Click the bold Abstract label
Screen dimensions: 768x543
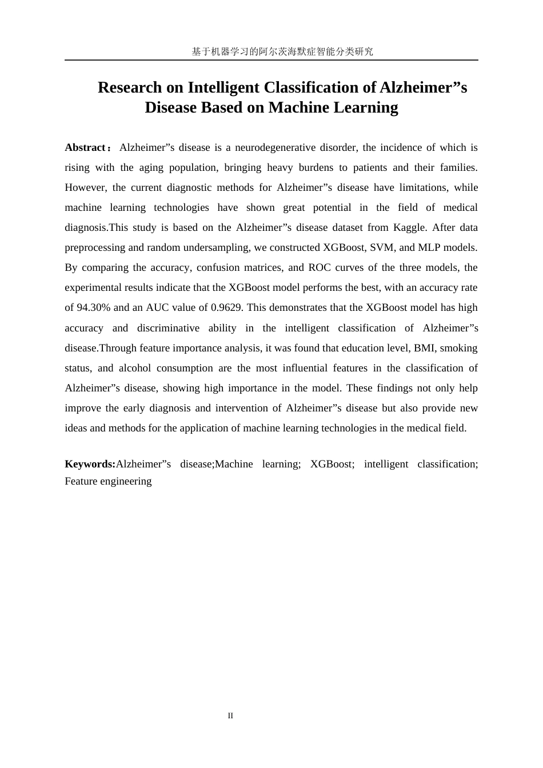pyautogui.click(x=85, y=147)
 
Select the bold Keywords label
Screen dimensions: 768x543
pyautogui.click(x=90, y=464)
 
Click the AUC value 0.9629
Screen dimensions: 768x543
pyautogui.click(x=226, y=307)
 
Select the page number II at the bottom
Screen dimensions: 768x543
pyautogui.click(x=230, y=716)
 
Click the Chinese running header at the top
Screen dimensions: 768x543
pyautogui.click(x=282, y=51)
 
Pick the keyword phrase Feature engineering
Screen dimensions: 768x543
pyautogui.click(x=108, y=481)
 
